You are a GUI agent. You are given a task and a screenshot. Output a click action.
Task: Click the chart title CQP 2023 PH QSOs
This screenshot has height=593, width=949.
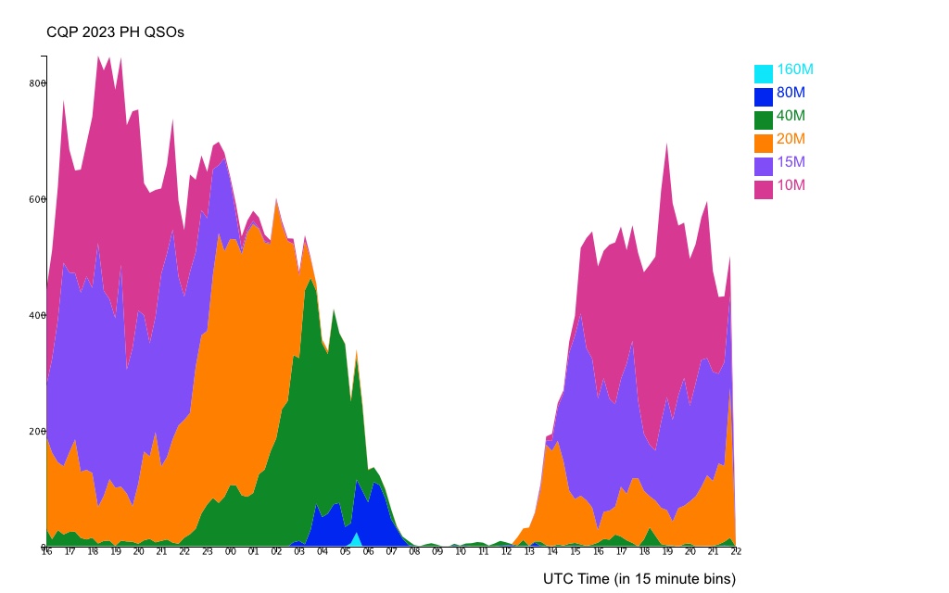[116, 32]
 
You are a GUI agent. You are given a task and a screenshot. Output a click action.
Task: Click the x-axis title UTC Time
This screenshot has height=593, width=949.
[639, 579]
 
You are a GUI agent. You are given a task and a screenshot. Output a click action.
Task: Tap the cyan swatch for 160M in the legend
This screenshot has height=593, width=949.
[763, 73]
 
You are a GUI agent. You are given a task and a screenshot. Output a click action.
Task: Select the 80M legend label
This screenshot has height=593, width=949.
[791, 93]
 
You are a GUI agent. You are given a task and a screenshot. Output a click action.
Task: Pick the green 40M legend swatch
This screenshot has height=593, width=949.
[763, 120]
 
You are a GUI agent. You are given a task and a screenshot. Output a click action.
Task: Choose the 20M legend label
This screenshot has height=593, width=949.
[791, 139]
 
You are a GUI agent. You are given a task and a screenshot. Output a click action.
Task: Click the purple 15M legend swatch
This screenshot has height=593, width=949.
[763, 166]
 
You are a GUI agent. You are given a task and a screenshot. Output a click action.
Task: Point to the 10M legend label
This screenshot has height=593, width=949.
[791, 185]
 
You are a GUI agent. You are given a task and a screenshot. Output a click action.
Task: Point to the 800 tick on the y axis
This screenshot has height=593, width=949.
[37, 83]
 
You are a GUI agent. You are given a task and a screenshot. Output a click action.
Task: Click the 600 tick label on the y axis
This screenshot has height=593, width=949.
[37, 199]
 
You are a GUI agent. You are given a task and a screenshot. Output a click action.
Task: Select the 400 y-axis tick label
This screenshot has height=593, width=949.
[37, 315]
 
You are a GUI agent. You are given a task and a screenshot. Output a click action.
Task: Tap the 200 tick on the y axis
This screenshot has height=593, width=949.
[37, 431]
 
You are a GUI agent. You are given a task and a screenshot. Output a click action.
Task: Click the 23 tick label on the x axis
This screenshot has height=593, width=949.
[208, 552]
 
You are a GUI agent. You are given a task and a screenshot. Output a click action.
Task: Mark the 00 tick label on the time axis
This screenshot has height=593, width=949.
[231, 552]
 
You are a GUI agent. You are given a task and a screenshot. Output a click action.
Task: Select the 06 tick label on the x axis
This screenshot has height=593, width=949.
[368, 552]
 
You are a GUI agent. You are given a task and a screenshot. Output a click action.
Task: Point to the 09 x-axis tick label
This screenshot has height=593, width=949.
[437, 552]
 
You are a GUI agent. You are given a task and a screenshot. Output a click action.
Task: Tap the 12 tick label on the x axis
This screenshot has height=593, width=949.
[506, 552]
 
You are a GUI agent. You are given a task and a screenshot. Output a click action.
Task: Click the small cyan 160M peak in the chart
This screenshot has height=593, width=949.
[356, 540]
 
